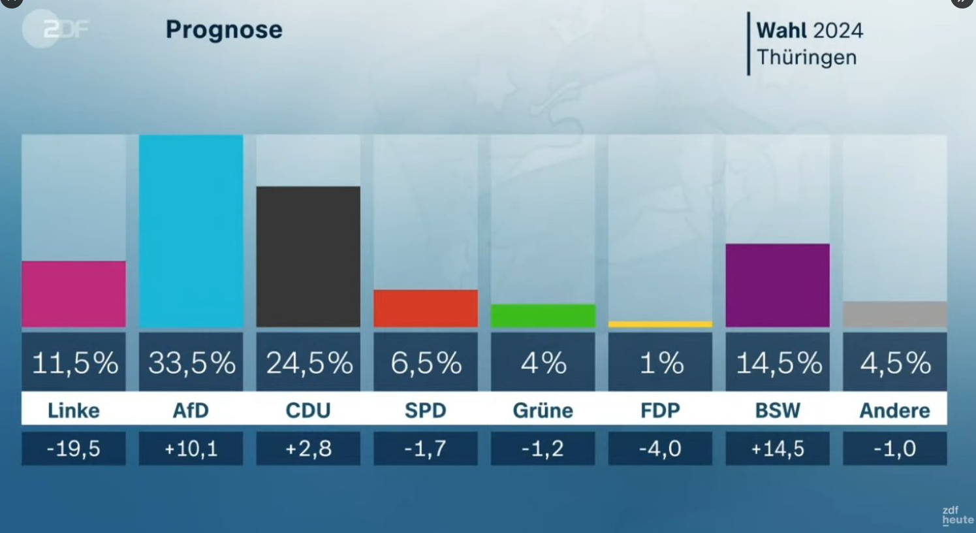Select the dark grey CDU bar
click(308, 256)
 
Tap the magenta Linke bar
click(74, 294)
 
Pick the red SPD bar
click(426, 308)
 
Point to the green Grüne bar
click(543, 315)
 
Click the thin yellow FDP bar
click(660, 324)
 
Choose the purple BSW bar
click(778, 285)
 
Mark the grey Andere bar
click(894, 314)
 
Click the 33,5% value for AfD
click(191, 363)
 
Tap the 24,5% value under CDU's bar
click(309, 363)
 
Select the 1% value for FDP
click(661, 363)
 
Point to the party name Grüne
click(543, 410)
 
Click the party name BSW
click(778, 410)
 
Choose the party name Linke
click(74, 410)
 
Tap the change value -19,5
click(74, 449)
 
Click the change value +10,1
click(191, 449)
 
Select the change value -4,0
click(660, 449)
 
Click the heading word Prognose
click(224, 29)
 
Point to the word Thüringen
click(807, 57)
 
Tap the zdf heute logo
click(956, 515)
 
